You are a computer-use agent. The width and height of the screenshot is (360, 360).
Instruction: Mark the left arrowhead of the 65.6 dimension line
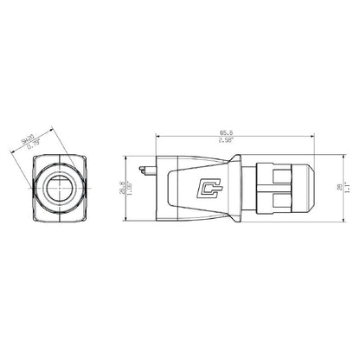click(157, 135)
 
